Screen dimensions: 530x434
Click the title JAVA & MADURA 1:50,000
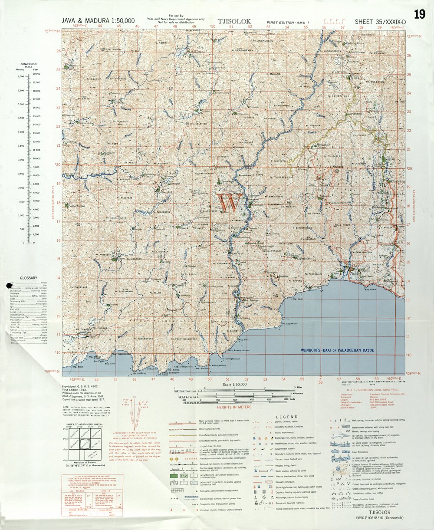pyautogui.click(x=99, y=20)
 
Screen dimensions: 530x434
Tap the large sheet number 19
pyautogui.click(x=419, y=14)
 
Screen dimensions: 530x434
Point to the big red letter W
pyautogui.click(x=229, y=203)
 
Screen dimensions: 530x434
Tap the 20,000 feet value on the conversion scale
pyautogui.click(x=37, y=74)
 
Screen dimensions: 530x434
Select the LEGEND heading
pyautogui.click(x=286, y=416)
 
